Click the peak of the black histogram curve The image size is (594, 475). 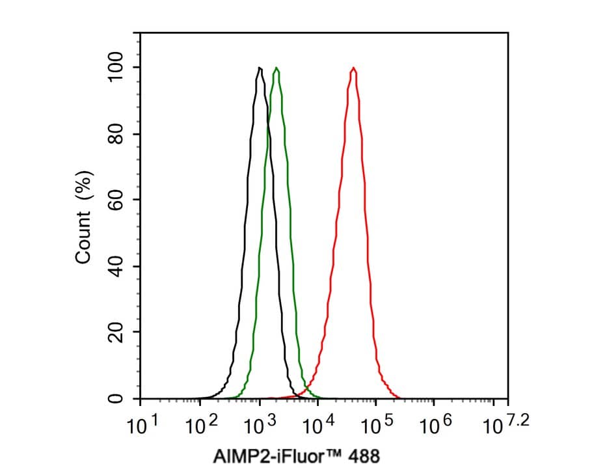tap(260, 68)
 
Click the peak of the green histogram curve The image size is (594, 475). tap(277, 68)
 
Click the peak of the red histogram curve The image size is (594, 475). tap(353, 68)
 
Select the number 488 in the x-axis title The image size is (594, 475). tap(362, 456)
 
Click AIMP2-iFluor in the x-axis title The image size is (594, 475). tap(269, 456)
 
